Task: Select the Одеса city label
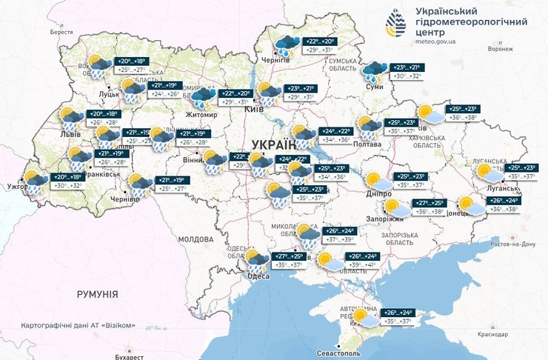(258, 276)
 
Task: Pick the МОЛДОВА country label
(196, 240)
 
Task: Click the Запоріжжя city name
(384, 219)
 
